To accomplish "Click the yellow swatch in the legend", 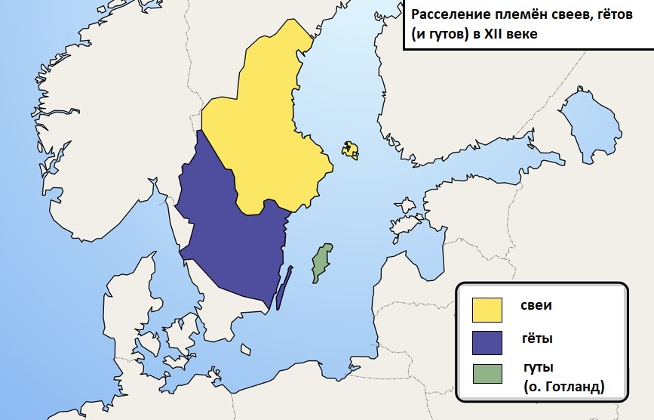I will coord(487,310).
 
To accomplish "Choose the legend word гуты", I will coord(539,367).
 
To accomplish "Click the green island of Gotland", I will coord(322,262).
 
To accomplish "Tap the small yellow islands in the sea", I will coord(349,149).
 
